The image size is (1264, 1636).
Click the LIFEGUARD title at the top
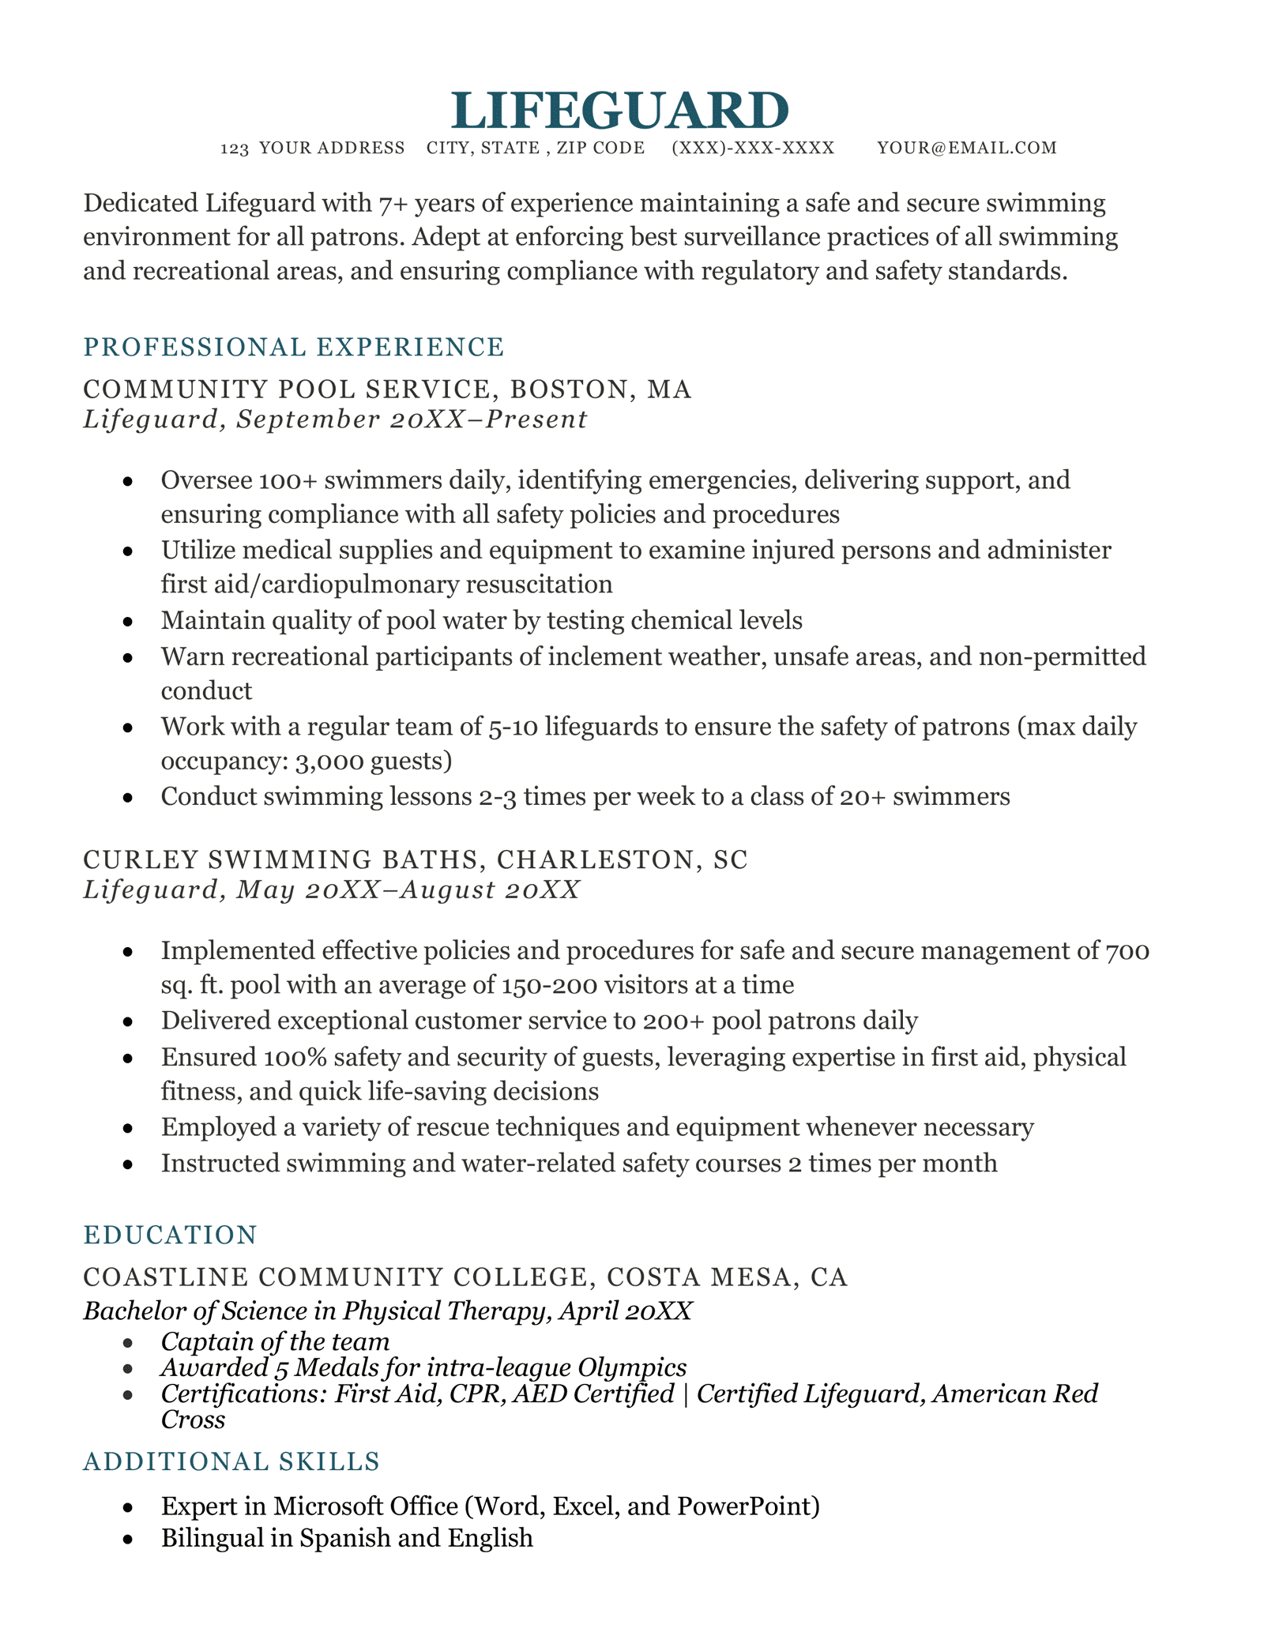(x=620, y=110)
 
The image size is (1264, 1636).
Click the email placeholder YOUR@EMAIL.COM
(x=966, y=149)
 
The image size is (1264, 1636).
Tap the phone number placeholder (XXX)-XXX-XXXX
(x=752, y=149)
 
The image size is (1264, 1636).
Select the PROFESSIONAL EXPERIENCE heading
(x=293, y=347)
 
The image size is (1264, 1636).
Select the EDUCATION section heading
(x=170, y=1235)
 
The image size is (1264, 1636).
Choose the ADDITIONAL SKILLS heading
(x=231, y=1462)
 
